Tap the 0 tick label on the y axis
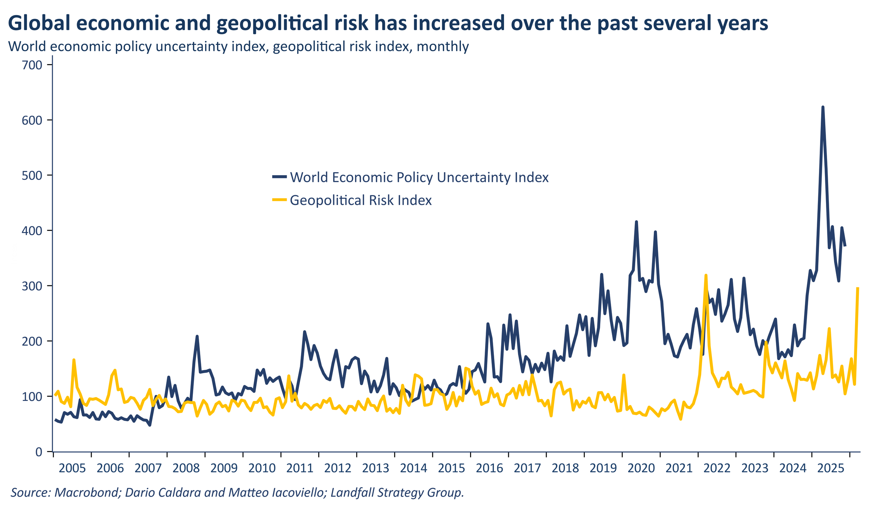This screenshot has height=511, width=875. click(38, 452)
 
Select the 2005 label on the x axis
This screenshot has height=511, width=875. click(72, 468)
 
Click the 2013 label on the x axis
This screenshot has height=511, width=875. click(376, 468)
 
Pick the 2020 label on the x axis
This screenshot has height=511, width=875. click(641, 468)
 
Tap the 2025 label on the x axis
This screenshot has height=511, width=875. click(831, 468)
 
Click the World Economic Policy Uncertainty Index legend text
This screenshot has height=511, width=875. click(419, 177)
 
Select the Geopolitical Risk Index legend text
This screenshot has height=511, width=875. click(360, 200)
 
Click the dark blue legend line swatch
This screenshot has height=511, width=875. click(279, 177)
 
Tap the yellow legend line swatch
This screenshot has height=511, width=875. click(279, 200)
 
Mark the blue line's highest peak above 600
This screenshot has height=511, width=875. click(822, 107)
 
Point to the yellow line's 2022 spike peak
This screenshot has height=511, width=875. click(706, 275)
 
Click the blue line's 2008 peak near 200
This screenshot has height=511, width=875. click(197, 336)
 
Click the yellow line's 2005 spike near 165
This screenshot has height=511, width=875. click(74, 360)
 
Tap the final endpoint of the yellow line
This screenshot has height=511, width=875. click(858, 288)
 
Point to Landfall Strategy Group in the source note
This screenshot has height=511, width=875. click(397, 492)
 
